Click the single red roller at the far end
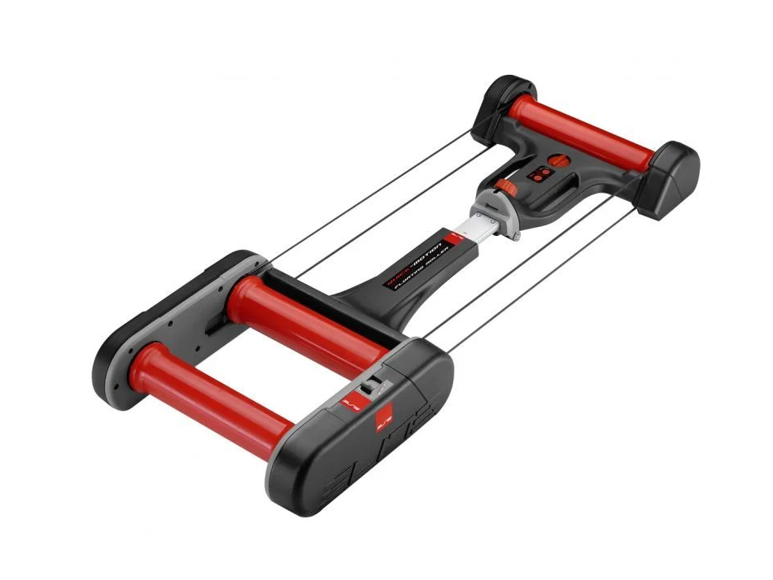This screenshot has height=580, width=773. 582,130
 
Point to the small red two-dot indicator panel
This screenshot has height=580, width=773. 539,176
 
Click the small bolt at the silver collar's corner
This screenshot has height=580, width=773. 517,238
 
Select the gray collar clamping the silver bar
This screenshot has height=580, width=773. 496,209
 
